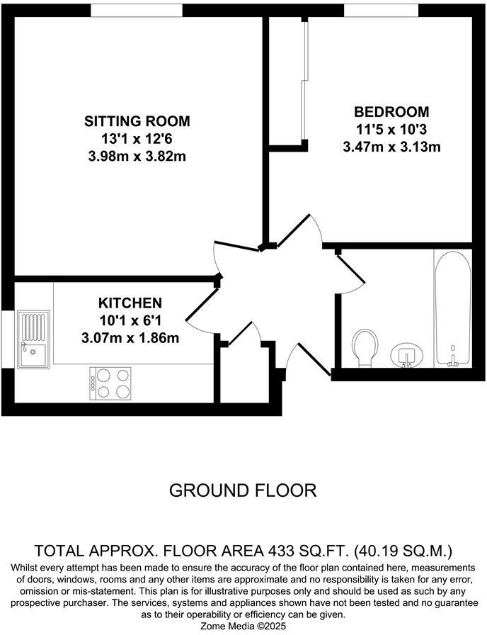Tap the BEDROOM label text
point(391,112)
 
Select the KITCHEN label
point(130,303)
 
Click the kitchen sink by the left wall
point(33,339)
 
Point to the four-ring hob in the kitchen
point(111,383)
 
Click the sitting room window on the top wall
point(137,10)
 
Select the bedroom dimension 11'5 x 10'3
point(391,130)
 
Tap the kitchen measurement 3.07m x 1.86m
point(130,338)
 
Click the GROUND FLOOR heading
point(243,490)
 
